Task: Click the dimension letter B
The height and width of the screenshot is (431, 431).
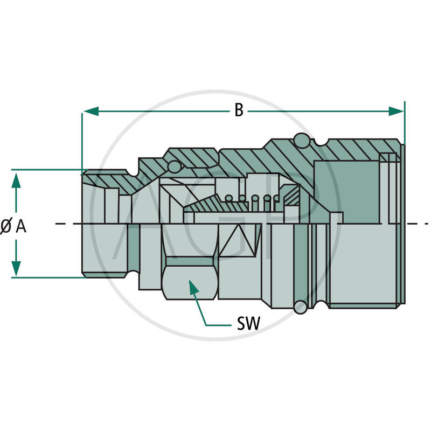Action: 239,111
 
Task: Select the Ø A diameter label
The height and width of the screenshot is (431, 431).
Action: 13,227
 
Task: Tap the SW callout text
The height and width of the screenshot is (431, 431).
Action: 248,324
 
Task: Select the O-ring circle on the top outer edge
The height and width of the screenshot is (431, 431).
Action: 302,140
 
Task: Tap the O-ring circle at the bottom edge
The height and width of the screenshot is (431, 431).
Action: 300,307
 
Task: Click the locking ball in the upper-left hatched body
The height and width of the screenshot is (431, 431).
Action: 174,168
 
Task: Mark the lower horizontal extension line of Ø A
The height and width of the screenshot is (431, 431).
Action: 48,277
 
